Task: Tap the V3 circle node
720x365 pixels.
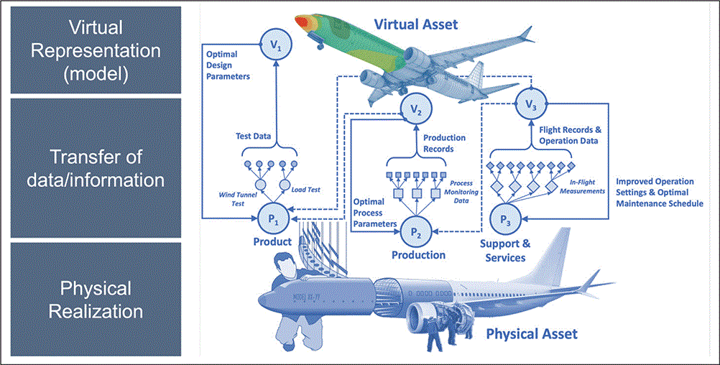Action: (530, 106)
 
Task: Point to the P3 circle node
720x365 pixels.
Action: (507, 216)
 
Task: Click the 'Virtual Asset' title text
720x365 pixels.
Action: (415, 24)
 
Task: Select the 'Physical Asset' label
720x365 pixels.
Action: (532, 334)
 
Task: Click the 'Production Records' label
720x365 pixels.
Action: (443, 143)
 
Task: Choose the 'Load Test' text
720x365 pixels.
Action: (306, 190)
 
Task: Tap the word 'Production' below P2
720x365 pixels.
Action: (418, 255)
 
